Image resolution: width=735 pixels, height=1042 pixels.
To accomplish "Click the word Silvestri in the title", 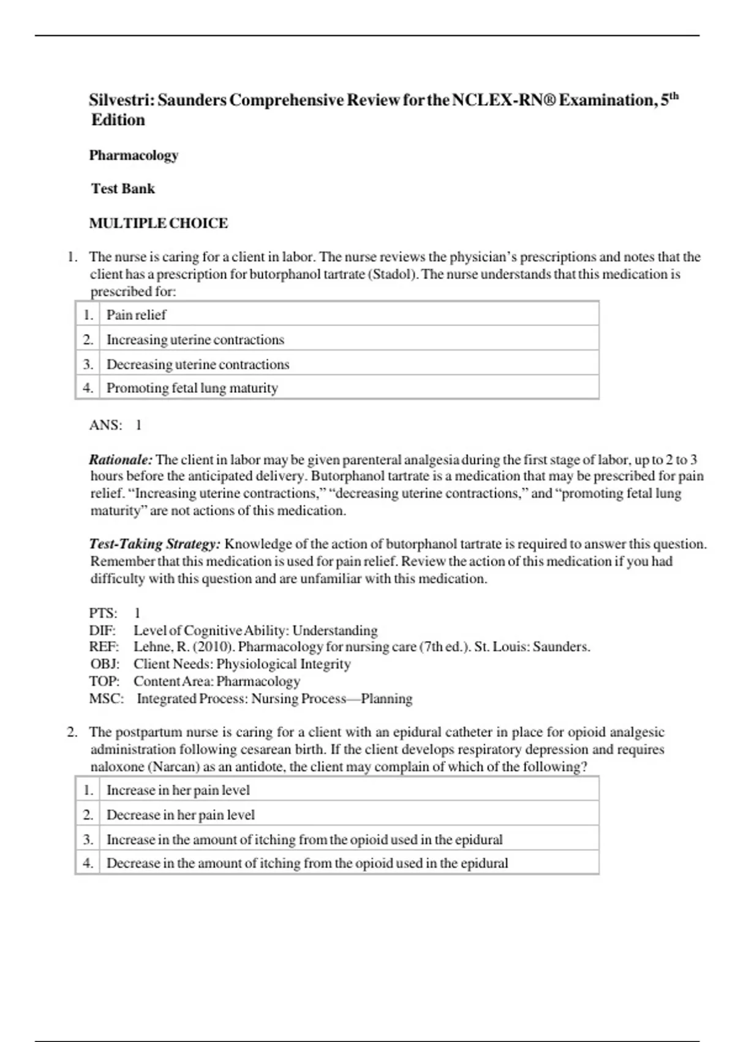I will (x=121, y=100).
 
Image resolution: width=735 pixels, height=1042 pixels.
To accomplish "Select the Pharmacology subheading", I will (x=134, y=155).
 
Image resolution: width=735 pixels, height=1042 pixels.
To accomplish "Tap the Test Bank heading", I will (x=123, y=189).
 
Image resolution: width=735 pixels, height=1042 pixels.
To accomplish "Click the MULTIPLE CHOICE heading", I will (x=159, y=223).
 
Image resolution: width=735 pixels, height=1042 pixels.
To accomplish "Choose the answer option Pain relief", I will (x=136, y=315).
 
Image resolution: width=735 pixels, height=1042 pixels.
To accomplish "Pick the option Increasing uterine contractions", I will (x=195, y=340).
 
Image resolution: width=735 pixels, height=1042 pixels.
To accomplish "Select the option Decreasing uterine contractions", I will (x=198, y=364).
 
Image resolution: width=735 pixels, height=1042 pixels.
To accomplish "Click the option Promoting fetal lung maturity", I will (x=192, y=388).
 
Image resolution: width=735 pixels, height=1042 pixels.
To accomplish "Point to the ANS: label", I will (x=105, y=425).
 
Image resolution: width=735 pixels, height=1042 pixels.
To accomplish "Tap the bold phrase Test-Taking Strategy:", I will (x=154, y=544).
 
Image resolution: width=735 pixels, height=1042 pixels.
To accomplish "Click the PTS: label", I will (x=103, y=613).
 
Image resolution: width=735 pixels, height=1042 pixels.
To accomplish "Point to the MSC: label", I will (x=106, y=699).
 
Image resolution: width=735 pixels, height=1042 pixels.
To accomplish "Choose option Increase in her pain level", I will (x=178, y=791).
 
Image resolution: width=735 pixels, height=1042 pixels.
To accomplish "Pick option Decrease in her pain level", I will (x=181, y=815).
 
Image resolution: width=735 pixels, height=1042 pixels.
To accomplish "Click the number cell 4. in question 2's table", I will (x=88, y=863).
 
